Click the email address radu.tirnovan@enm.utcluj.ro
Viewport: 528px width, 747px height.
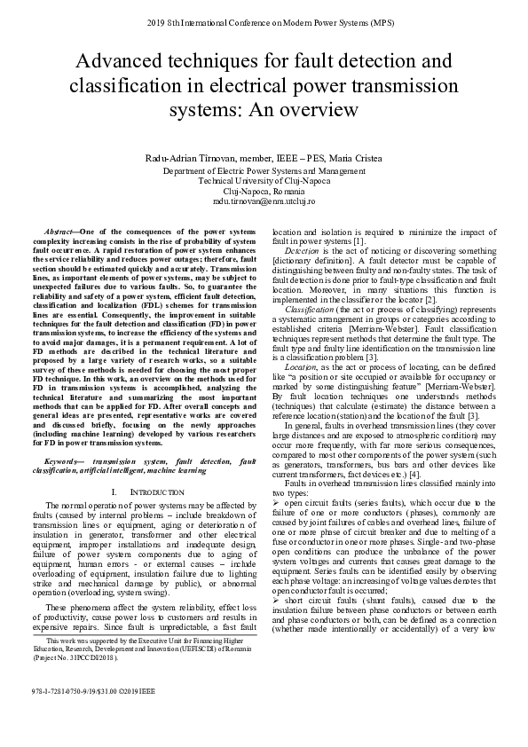(264, 202)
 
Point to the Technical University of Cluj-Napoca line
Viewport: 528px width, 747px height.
(264, 180)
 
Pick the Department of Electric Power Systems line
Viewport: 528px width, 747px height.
(264, 169)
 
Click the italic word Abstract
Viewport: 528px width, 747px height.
(60, 230)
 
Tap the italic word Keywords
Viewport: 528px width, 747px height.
(62, 460)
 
